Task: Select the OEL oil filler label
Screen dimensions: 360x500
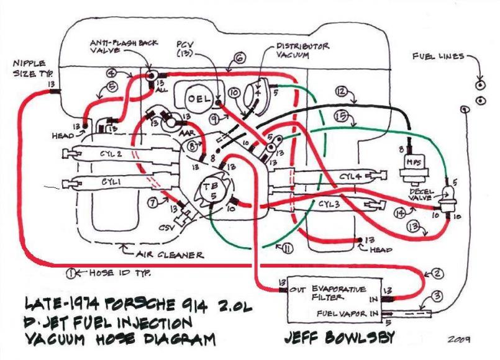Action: coord(197,99)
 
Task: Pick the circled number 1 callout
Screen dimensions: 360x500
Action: coord(73,272)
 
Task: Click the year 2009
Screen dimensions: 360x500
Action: coord(457,340)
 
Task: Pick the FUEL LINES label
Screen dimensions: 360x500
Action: coord(437,57)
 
